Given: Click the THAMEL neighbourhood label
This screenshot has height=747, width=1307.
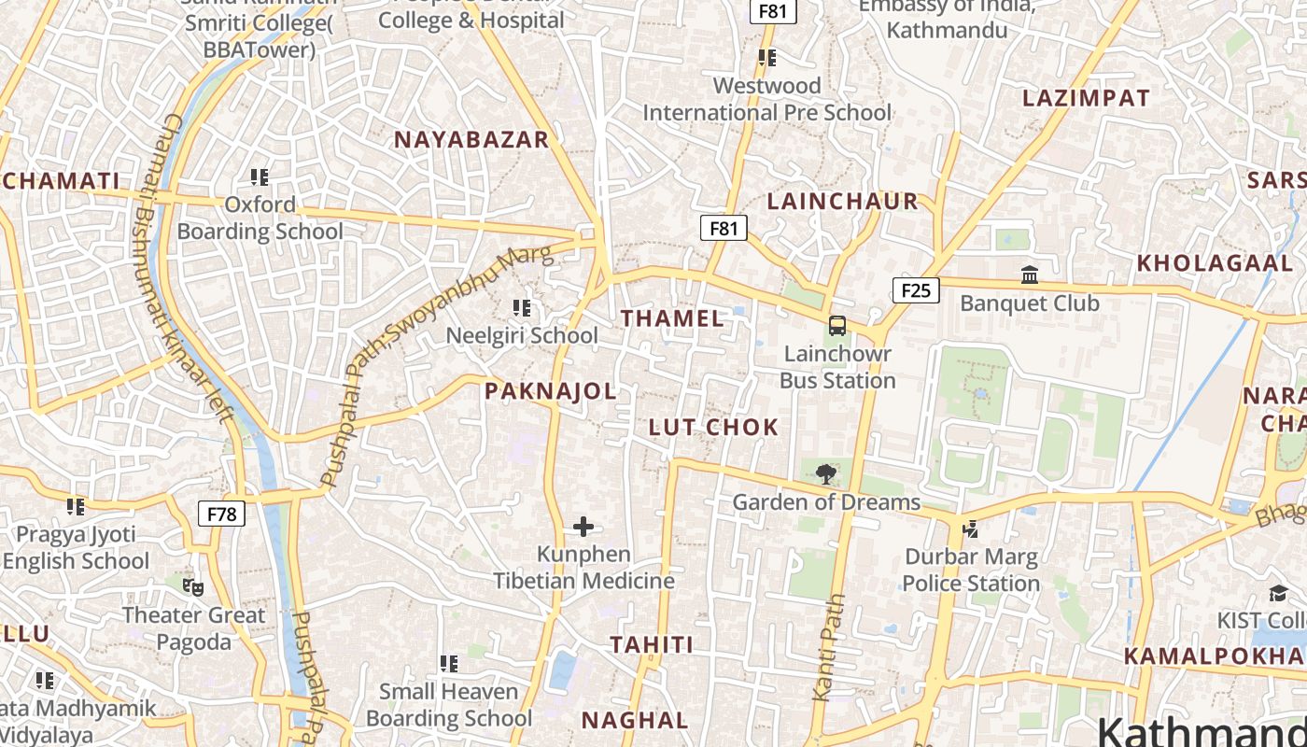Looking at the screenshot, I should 672,318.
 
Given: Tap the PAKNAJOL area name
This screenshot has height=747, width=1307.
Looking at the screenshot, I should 551,391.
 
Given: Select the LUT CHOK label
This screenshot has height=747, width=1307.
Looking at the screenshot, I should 713,428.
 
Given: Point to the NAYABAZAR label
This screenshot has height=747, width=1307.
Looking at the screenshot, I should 471,140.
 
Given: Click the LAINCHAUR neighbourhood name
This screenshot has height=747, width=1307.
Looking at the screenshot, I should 843,202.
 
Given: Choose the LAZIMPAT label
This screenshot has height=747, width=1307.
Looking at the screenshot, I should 1086,98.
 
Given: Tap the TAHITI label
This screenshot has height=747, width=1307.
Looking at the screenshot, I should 652,644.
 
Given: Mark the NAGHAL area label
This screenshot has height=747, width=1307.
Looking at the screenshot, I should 635,720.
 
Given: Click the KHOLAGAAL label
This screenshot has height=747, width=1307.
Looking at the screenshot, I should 1214,263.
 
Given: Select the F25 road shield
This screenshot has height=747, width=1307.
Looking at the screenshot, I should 916,290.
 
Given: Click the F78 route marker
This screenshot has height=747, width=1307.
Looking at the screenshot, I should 221,513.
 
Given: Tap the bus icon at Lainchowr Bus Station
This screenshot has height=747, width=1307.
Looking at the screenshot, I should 837,326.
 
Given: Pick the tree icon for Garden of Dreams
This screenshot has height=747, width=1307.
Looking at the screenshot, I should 825,474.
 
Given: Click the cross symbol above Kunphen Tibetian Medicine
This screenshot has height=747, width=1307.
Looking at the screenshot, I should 583,527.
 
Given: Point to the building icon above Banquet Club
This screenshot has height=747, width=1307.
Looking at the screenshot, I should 1030,275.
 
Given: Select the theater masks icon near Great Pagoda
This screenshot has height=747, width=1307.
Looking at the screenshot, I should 193,587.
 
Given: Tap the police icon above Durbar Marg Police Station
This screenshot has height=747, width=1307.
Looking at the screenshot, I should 971,529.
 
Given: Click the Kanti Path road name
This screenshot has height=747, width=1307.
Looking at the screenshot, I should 828,647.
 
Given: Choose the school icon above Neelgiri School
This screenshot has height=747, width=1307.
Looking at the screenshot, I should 522,307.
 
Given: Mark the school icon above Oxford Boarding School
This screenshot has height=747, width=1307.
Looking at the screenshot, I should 260,176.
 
